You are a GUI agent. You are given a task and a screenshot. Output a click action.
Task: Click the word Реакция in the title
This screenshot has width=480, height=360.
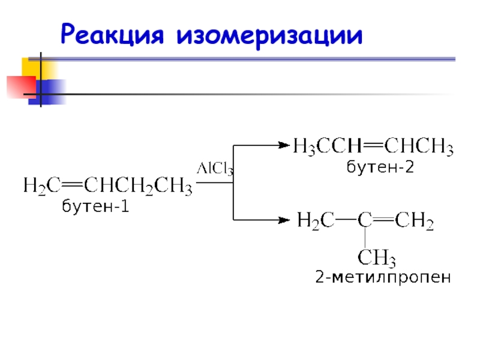point(112,34)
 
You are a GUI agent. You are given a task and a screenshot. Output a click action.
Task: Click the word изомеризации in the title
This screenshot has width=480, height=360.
point(269,36)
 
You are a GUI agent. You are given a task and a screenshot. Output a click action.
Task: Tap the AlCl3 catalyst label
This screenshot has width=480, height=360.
point(215,169)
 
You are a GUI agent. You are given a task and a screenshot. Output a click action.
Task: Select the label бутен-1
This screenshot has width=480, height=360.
point(95,205)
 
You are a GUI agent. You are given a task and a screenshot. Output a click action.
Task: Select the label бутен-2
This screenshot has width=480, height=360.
point(380,167)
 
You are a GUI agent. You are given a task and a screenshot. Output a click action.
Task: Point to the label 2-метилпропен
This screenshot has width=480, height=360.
point(383,277)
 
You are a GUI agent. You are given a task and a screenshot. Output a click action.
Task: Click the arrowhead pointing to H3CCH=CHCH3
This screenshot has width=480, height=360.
point(284,145)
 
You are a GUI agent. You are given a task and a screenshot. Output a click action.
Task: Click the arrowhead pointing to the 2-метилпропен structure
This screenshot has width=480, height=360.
point(284,220)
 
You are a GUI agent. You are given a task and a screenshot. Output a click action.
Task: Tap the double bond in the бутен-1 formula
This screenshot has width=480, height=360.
point(72,185)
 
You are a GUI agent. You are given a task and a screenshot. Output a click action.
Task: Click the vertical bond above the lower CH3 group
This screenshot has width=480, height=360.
point(365,238)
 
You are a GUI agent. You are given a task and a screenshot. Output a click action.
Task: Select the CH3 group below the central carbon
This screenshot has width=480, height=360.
point(377,257)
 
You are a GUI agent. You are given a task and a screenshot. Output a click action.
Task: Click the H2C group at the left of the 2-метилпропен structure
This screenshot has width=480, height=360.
point(316,220)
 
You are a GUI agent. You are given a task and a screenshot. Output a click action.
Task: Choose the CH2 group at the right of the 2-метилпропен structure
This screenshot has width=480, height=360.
point(414,220)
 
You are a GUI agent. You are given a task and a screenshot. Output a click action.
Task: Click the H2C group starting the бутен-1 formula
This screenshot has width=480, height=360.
point(42,186)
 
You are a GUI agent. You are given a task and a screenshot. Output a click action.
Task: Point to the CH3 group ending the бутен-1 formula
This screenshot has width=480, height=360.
point(173,186)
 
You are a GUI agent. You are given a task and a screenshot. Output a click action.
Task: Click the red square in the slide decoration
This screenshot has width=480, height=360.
point(22,87)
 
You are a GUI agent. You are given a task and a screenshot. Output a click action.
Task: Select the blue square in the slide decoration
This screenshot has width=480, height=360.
point(47,92)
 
